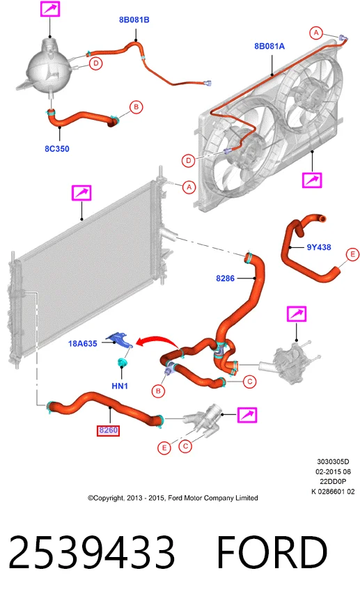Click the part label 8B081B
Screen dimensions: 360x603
[x=134, y=20]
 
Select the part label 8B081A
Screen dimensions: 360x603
[x=269, y=46]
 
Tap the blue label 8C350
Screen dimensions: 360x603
[x=57, y=149]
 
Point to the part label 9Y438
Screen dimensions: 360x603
[x=319, y=247]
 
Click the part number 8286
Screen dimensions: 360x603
[x=225, y=278]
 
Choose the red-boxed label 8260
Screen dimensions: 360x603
[x=108, y=430]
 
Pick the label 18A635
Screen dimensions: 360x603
[x=82, y=343]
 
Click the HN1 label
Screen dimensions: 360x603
[x=120, y=386]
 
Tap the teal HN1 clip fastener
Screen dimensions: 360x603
[x=123, y=362]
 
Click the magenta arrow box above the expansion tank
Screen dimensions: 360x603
[x=50, y=9]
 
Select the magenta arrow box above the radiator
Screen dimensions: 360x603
[x=81, y=193]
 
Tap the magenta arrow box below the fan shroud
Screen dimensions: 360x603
[x=312, y=180]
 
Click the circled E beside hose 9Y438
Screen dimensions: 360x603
[x=352, y=254]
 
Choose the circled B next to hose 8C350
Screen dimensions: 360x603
[x=136, y=107]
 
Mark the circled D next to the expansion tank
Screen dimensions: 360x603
[x=96, y=63]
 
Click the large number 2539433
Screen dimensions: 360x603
[x=91, y=552]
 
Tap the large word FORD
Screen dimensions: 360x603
[x=272, y=552]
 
